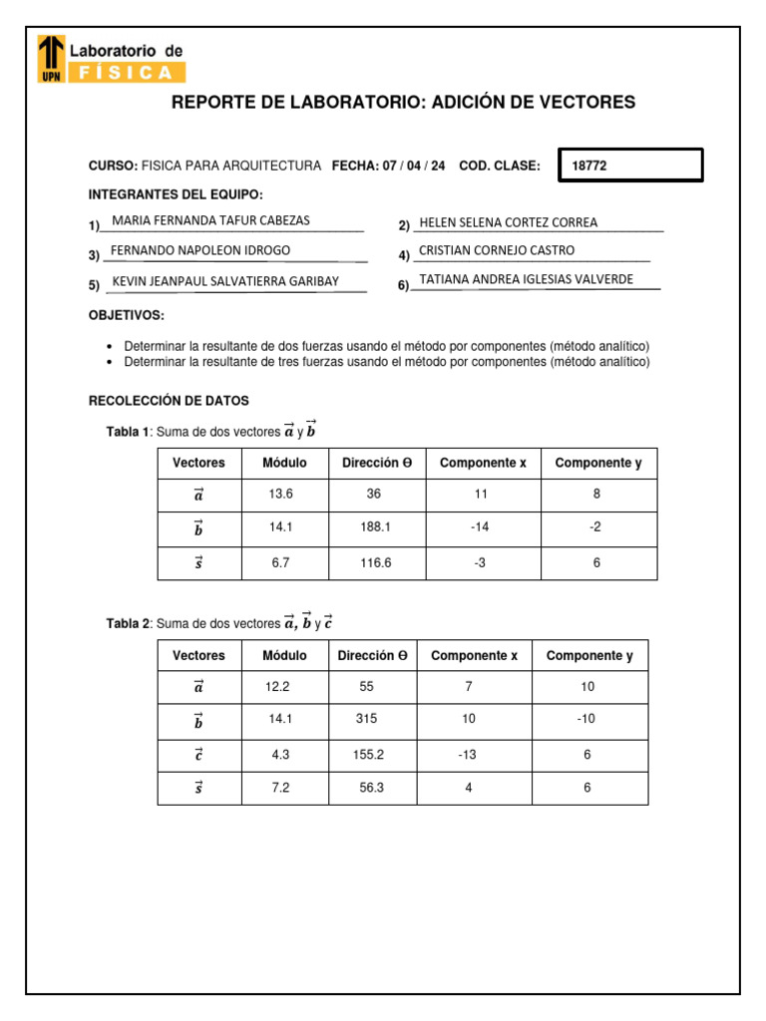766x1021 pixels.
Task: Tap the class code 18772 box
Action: pyautogui.click(x=632, y=166)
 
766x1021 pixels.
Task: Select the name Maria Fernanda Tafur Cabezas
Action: pyautogui.click(x=211, y=220)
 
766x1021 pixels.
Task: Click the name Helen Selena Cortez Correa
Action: pyautogui.click(x=509, y=222)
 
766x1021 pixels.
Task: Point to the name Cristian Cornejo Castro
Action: pyautogui.click(x=497, y=250)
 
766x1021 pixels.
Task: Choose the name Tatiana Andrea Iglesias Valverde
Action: pyautogui.click(x=526, y=279)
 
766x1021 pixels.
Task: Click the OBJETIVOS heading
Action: pyautogui.click(x=127, y=315)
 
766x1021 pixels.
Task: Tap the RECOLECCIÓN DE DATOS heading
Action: pyautogui.click(x=169, y=401)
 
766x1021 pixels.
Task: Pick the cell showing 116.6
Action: pyautogui.click(x=377, y=563)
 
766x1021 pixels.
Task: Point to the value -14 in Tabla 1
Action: pyautogui.click(x=480, y=528)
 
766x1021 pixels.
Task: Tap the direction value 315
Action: pyautogui.click(x=367, y=719)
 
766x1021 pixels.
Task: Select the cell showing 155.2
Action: pyautogui.click(x=369, y=755)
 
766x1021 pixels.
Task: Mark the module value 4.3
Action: pyautogui.click(x=280, y=755)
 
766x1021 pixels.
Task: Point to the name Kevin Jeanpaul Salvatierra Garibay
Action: pyautogui.click(x=225, y=281)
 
